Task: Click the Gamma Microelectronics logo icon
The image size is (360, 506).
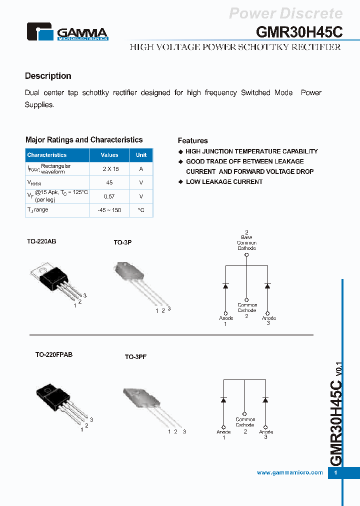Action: tap(39, 31)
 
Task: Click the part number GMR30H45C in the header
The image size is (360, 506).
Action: tap(299, 32)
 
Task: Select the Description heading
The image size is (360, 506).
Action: tap(48, 76)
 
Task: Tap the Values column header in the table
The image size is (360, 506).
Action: tap(109, 155)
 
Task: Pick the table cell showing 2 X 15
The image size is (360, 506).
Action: tap(109, 169)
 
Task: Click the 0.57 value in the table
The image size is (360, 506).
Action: tap(109, 196)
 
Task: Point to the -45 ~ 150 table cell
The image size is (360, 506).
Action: tap(109, 210)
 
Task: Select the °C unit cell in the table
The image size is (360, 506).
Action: tap(141, 210)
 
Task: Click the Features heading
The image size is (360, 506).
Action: tap(192, 140)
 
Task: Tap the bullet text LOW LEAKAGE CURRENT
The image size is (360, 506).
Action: tap(224, 182)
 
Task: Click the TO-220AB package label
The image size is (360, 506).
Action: tap(41, 241)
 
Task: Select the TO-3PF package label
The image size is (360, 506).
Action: tap(135, 357)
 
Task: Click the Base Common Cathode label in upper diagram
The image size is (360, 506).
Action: tap(246, 242)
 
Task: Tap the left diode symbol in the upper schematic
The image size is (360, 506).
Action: tap(225, 286)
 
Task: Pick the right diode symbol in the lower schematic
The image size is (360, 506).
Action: tap(265, 400)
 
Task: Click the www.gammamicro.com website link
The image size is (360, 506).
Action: tap(289, 472)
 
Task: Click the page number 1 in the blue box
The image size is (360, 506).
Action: tap(336, 473)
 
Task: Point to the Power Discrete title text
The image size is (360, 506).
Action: tap(285, 13)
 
